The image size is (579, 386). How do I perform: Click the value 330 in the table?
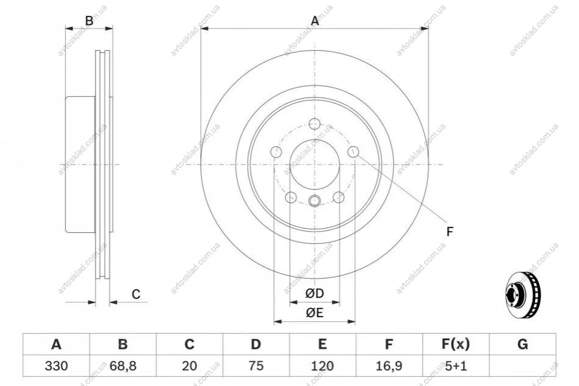pos(56,366)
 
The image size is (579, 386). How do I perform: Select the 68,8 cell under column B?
pos(123,366)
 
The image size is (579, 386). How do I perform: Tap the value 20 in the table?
pos(189,366)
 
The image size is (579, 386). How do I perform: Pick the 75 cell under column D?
pos(256,366)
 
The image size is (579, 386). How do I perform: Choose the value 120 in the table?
pos(322,366)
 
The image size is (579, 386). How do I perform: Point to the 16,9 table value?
pos(389,366)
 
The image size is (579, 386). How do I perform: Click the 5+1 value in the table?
pos(456,366)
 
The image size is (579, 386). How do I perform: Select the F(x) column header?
pos(456,345)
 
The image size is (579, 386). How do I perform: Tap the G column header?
pos(522,345)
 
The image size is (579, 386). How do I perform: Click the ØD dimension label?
pos(315,293)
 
